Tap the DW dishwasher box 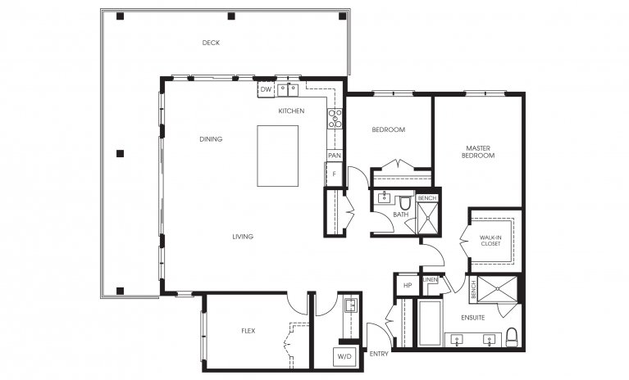pyautogui.click(x=266, y=88)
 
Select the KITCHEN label pyautogui.click(x=291, y=111)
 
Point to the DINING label pyautogui.click(x=211, y=139)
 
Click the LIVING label pyautogui.click(x=242, y=237)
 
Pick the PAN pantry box pyautogui.click(x=334, y=155)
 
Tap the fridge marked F pyautogui.click(x=333, y=174)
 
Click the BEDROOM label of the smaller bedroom pyautogui.click(x=388, y=129)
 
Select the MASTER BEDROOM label pyautogui.click(x=477, y=151)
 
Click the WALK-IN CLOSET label pyautogui.click(x=492, y=239)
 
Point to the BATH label pyautogui.click(x=400, y=215)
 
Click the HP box pyautogui.click(x=407, y=286)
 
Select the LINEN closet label pyautogui.click(x=431, y=280)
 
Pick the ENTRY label pyautogui.click(x=379, y=354)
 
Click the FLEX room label pyautogui.click(x=247, y=332)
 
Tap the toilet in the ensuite pyautogui.click(x=512, y=337)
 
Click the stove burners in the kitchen pyautogui.click(x=335, y=119)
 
